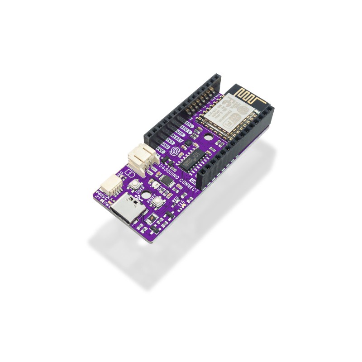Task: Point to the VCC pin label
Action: click(x=161, y=150)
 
